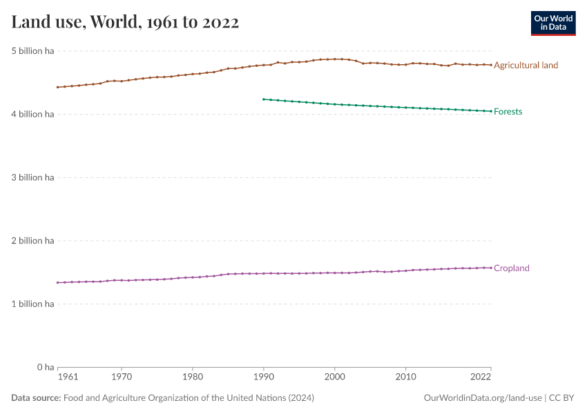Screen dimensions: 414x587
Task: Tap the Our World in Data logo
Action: coord(552,23)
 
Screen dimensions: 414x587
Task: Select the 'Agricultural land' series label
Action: coord(526,65)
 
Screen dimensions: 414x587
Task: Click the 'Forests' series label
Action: coord(508,112)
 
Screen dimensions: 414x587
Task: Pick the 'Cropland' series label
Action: coord(511,268)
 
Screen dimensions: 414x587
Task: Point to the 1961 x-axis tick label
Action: coord(68,378)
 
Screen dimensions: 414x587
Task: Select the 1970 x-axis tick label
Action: coord(122,378)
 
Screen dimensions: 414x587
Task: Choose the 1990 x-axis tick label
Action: coord(263,378)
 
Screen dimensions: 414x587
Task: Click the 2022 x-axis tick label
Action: coord(481,378)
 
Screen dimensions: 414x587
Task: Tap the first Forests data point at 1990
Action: coord(263,99)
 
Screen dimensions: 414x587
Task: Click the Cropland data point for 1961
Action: coord(57,282)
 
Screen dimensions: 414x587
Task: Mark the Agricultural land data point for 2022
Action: coord(490,65)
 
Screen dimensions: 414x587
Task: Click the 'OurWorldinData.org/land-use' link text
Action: coord(482,398)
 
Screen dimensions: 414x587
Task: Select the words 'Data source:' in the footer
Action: coord(36,398)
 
